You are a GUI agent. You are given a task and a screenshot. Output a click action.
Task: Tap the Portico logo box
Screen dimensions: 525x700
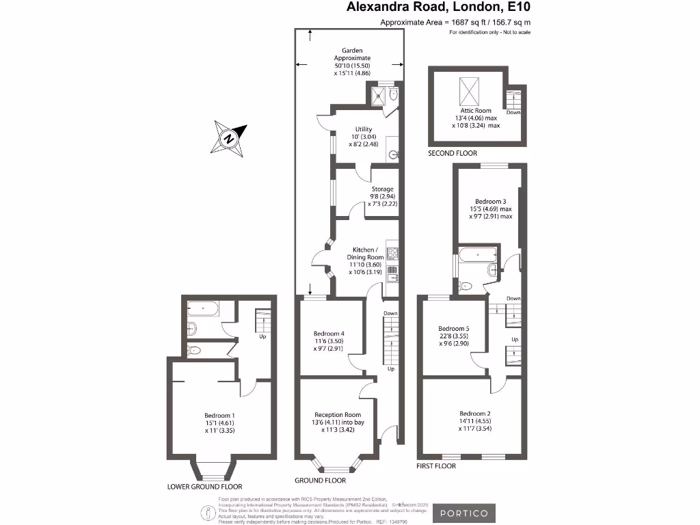pyautogui.click(x=463, y=513)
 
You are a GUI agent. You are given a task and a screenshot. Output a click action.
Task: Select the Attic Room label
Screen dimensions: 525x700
pyautogui.click(x=475, y=111)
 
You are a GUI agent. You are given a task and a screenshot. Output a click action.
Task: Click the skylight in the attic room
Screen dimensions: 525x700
pyautogui.click(x=470, y=90)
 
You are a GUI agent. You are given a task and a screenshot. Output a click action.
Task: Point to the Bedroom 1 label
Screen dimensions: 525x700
pyautogui.click(x=219, y=415)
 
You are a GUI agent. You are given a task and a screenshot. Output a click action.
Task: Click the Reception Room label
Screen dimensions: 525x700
pyautogui.click(x=338, y=415)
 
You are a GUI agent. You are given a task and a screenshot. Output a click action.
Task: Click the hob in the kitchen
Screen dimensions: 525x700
pyautogui.click(x=392, y=254)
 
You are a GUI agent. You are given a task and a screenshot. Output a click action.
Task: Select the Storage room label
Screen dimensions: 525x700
pyautogui.click(x=382, y=189)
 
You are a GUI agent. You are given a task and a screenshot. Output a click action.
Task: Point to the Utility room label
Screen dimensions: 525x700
pyautogui.click(x=363, y=129)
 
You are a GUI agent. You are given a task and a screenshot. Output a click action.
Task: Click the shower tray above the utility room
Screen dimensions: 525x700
pyautogui.click(x=377, y=96)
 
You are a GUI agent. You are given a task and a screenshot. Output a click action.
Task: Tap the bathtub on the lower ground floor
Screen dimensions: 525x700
pyautogui.click(x=202, y=309)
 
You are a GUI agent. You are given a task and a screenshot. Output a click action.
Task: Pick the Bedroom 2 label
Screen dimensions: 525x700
pyautogui.click(x=474, y=414)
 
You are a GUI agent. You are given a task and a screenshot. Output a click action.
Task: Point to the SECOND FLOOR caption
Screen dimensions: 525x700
pyautogui.click(x=453, y=154)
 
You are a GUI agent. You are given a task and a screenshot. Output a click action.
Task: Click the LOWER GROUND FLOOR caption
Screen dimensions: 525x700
pyautogui.click(x=204, y=487)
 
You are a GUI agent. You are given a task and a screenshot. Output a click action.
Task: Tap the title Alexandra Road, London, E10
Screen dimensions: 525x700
pyautogui.click(x=438, y=8)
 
